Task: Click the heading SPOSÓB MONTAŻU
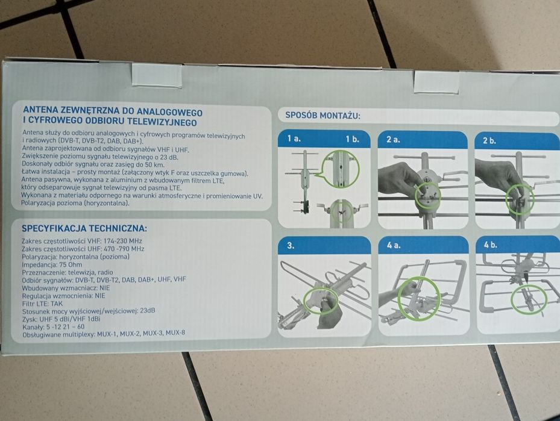pyautogui.click(x=322, y=115)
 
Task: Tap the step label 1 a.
pyautogui.click(x=294, y=139)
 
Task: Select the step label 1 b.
pyautogui.click(x=352, y=139)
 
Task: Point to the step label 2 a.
pyautogui.click(x=393, y=140)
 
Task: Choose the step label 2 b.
pyautogui.click(x=489, y=140)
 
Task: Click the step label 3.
pyautogui.click(x=291, y=246)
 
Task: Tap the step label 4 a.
pyautogui.click(x=394, y=245)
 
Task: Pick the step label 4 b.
pyautogui.click(x=490, y=245)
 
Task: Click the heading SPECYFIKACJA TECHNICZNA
pyautogui.click(x=84, y=228)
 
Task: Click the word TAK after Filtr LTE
pyautogui.click(x=57, y=304)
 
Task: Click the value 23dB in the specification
pyautogui.click(x=148, y=311)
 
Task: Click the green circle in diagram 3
pyautogui.click(x=321, y=300)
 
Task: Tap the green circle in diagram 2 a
pyautogui.click(x=428, y=196)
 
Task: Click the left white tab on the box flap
pyautogui.click(x=157, y=75)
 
